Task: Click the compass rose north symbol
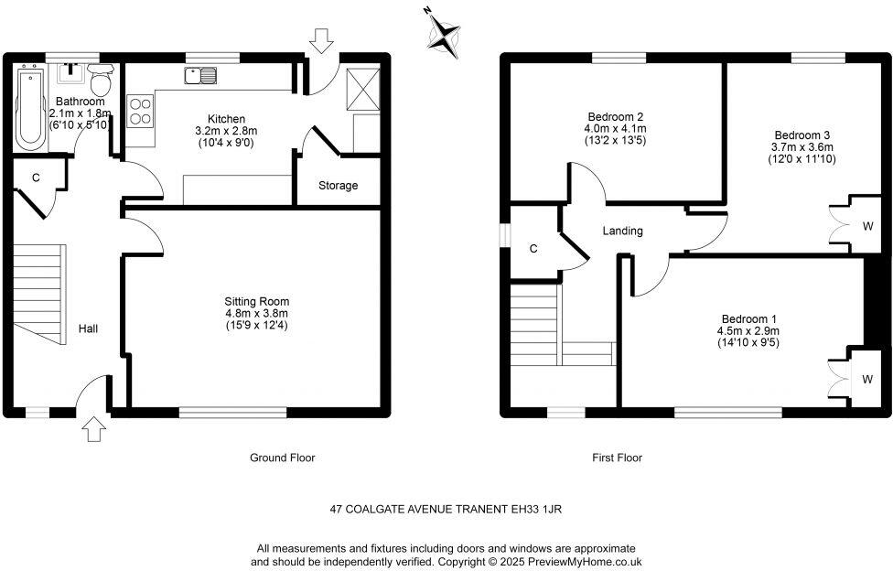[444, 36]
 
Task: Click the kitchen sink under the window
[199, 76]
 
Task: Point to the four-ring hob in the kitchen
[141, 111]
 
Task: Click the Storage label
[338, 186]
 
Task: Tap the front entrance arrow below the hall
[94, 427]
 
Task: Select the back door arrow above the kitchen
[320, 40]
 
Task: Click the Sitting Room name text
[256, 301]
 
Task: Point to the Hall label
[89, 329]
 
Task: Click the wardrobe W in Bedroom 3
[866, 224]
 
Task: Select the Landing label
[622, 232]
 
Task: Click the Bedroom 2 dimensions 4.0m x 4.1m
[616, 129]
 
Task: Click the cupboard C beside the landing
[533, 248]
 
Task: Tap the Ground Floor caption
[283, 458]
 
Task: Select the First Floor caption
[617, 458]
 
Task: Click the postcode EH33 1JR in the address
[546, 508]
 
